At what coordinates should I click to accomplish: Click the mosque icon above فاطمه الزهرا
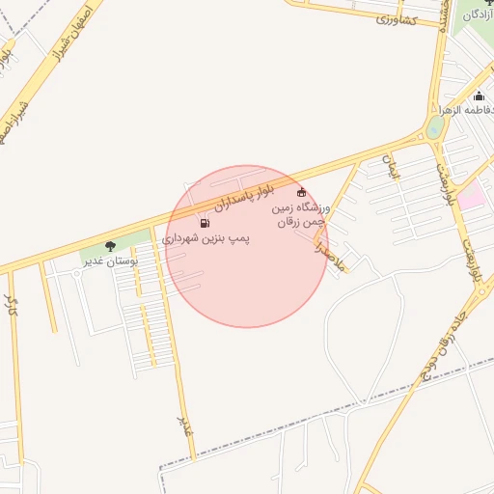click(x=480, y=96)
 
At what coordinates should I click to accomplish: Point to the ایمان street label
click(x=392, y=170)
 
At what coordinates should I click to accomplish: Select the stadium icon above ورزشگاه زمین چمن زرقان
click(x=302, y=192)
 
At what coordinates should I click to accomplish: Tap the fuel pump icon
click(x=204, y=223)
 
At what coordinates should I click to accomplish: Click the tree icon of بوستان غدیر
click(x=110, y=246)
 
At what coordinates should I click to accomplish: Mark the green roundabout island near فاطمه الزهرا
click(x=436, y=127)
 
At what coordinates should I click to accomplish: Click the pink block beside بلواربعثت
click(x=471, y=198)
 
